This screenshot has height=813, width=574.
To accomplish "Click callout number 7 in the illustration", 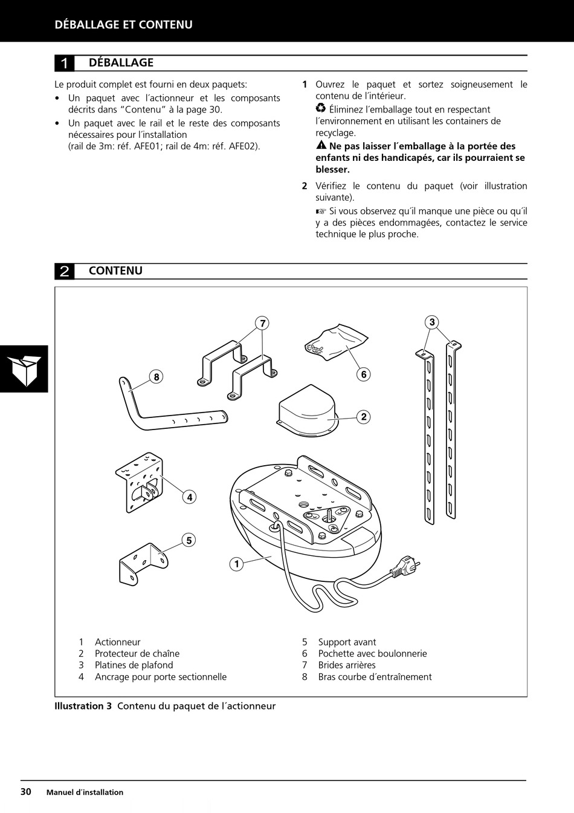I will [x=263, y=323].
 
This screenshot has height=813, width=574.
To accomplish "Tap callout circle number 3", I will [x=431, y=322].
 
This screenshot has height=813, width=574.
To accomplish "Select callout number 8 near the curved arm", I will [x=156, y=377].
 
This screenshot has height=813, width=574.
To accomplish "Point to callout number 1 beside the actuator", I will [x=237, y=564].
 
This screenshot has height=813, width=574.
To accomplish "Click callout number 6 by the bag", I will [x=363, y=374].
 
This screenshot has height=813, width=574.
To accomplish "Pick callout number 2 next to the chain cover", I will [x=363, y=417].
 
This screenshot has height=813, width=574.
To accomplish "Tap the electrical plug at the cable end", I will [x=405, y=568].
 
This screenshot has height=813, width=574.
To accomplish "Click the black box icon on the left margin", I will [x=24, y=369].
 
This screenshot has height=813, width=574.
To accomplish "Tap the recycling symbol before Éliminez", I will [x=321, y=109].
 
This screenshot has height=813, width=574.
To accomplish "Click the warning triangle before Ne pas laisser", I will [x=321, y=146].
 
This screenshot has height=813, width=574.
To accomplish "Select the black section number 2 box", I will [x=65, y=271].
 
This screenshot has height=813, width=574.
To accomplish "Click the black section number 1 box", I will [x=65, y=63].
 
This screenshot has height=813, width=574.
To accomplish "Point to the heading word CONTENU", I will [x=115, y=271].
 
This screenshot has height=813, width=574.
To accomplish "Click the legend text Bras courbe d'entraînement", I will [x=375, y=677].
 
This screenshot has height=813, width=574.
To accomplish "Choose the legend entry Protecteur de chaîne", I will [x=137, y=653].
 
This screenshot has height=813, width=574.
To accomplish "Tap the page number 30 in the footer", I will [x=26, y=792].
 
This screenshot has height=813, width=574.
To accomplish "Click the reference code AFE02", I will [x=243, y=146].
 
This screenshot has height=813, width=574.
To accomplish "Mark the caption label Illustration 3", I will [x=83, y=706].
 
